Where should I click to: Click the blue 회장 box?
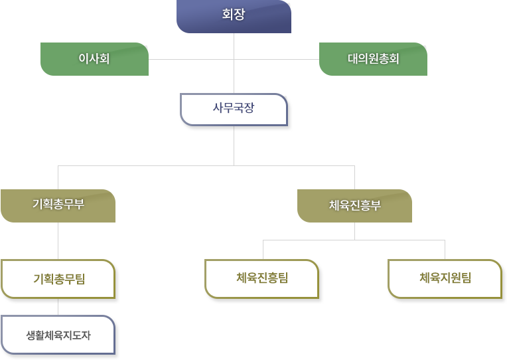coord(234,17)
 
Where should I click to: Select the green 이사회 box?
coord(94,59)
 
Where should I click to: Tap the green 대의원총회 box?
coord(373,59)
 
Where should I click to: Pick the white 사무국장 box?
coord(234,110)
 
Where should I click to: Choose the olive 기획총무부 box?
coord(58,206)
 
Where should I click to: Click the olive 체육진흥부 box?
coord(355,206)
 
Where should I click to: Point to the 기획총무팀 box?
coord(58,279)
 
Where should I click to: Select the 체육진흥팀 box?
coord(262,279)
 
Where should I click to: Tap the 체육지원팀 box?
coord(445,279)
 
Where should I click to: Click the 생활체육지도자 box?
coord(58,335)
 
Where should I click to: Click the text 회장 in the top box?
coord(234,14)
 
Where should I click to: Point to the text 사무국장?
coord(234,108)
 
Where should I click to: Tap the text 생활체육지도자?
coord(58,335)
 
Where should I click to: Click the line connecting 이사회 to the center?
coord(191,59)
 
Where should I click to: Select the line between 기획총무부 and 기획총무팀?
coord(58,241)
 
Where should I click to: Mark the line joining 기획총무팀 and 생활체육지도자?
coord(58,307)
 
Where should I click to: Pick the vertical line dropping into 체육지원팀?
coord(445,250)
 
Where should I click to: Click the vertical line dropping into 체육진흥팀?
coord(263,250)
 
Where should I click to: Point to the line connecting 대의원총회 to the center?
coord(277,59)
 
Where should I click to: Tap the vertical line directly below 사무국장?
coord(234,145)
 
